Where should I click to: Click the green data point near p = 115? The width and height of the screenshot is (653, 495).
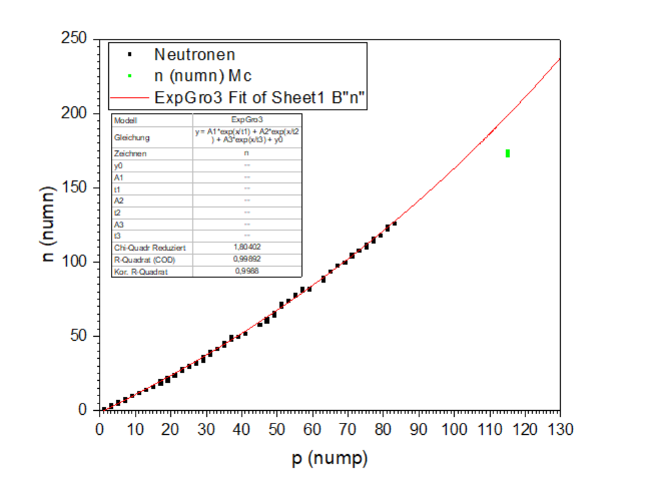pos(508,153)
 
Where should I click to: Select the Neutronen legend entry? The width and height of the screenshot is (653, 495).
pos(194,54)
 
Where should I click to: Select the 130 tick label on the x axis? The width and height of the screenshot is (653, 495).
pos(560,428)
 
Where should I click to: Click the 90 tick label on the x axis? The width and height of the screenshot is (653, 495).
pos(418,428)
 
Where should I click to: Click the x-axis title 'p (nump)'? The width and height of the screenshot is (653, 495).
pos(330,459)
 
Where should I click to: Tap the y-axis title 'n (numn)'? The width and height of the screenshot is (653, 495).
pos(49,224)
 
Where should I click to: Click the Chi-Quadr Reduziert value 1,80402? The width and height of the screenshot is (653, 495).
pos(246,247)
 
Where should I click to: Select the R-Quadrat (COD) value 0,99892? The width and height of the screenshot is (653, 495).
pos(246,259)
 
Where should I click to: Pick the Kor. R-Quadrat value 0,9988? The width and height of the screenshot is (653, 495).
pos(246,271)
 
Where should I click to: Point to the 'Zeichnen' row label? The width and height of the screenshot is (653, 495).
pos(131,154)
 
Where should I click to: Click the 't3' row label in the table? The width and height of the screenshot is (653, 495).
pos(119,235)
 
